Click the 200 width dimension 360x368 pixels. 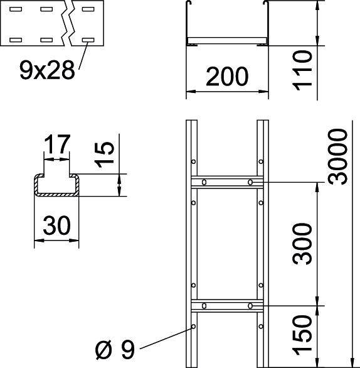pyautogui.click(x=228, y=77)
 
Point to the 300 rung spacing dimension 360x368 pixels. pyautogui.click(x=302, y=243)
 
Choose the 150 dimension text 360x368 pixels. pyautogui.click(x=302, y=333)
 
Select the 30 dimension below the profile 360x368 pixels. pyautogui.click(x=56, y=224)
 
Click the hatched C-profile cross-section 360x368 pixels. pyautogui.click(x=56, y=187)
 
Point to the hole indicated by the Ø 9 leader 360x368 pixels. pyautogui.click(x=193, y=327)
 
